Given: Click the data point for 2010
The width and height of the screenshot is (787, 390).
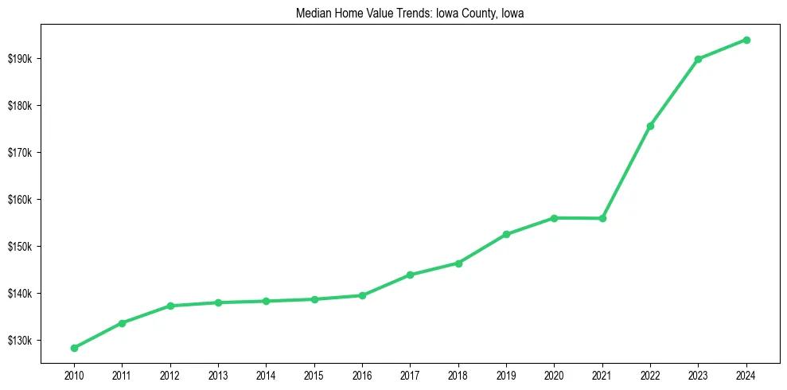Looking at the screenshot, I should click(x=74, y=348).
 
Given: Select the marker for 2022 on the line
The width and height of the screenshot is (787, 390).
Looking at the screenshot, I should click(x=650, y=126).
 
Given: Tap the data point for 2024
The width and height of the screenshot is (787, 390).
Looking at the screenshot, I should click(x=746, y=40).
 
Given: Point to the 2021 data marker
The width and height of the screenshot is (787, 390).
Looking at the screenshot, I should click(x=602, y=218).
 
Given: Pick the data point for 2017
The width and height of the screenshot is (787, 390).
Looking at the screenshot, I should click(x=410, y=275).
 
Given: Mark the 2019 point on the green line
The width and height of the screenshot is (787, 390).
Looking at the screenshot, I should click(x=506, y=234).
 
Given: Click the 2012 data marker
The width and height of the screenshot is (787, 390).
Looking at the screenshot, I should click(x=169, y=306).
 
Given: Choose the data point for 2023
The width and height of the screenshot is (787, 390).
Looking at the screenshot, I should click(x=698, y=59).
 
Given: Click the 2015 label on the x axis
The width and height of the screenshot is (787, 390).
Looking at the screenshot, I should click(x=314, y=374).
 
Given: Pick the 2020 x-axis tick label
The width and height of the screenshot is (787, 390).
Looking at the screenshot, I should click(x=554, y=374).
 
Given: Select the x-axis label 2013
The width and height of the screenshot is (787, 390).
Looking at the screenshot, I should click(x=217, y=374).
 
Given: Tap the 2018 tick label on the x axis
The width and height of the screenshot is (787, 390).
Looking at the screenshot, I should click(x=458, y=374).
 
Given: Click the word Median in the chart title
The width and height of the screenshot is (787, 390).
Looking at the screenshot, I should click(x=313, y=14).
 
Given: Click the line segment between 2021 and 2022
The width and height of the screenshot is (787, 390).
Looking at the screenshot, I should click(x=626, y=172).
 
